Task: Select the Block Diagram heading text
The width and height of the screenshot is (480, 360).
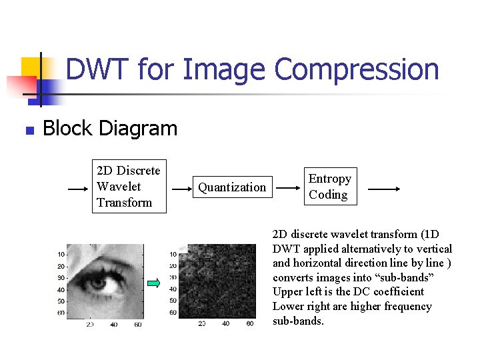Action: tap(110, 128)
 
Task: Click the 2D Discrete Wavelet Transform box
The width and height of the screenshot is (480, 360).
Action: tap(129, 187)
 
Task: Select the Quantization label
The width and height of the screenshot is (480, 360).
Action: tap(232, 187)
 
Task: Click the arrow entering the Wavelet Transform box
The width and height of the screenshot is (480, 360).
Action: tap(79, 189)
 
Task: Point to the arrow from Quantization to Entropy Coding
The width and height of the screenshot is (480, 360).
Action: tap(288, 189)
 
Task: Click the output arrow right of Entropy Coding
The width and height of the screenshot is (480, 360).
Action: tap(383, 189)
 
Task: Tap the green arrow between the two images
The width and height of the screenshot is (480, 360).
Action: tap(154, 283)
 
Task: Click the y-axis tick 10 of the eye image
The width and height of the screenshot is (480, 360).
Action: tap(61, 254)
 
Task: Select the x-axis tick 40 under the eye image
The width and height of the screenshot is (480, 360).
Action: tap(113, 324)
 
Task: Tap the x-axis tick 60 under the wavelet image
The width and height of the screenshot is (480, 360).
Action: tap(249, 324)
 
